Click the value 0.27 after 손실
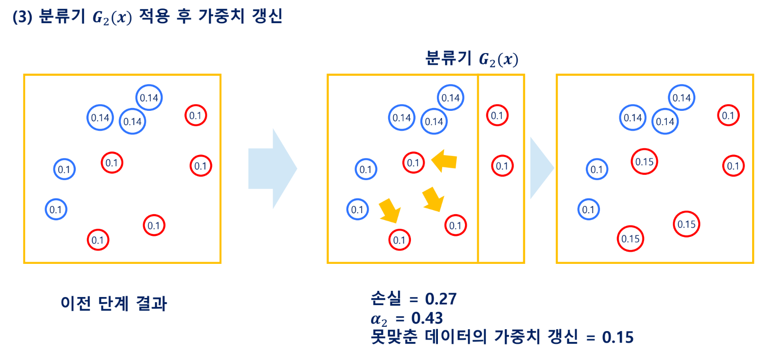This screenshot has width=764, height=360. tap(441, 299)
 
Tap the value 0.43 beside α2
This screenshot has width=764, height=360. tap(427, 318)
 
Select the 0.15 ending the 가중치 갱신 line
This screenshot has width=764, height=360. tap(618, 337)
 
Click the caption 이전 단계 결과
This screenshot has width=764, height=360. tap(114, 303)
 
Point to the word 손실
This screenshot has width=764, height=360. tap(386, 298)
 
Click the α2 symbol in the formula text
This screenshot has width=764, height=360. tap(379, 319)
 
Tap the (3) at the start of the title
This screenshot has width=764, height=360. tap(22, 17)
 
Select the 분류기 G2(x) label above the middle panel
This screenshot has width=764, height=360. tap(472, 59)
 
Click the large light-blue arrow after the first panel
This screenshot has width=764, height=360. tap(273, 169)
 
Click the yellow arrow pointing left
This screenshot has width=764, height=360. tap(444, 161)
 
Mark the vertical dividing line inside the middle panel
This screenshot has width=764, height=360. tap(478, 168)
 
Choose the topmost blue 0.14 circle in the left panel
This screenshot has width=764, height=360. tap(149, 98)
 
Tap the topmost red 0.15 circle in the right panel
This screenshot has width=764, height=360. tap(644, 162)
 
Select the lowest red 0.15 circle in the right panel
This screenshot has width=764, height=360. tap(630, 239)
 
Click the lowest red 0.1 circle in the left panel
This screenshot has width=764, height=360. tap(98, 240)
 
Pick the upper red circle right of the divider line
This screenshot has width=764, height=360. tap(497, 116)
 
